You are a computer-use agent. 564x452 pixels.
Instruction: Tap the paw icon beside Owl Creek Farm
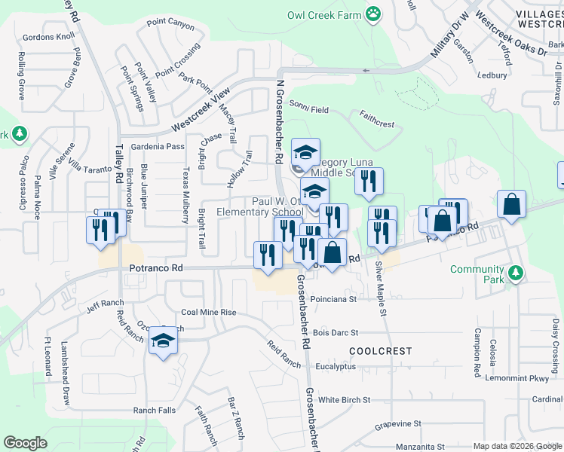click(372, 13)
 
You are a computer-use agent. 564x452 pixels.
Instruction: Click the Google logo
click(25, 443)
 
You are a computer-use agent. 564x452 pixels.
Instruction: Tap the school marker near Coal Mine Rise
click(162, 342)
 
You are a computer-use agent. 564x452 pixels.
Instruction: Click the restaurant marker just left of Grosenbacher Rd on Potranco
click(268, 255)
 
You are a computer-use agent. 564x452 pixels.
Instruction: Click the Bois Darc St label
click(335, 332)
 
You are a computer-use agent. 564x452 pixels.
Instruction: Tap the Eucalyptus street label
click(336, 367)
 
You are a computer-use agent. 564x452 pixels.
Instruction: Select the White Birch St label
click(345, 400)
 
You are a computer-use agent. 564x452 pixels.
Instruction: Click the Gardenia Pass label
click(158, 146)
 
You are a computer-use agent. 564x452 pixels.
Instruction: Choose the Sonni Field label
click(309, 109)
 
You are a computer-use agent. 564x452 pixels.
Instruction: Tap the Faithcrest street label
click(377, 119)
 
